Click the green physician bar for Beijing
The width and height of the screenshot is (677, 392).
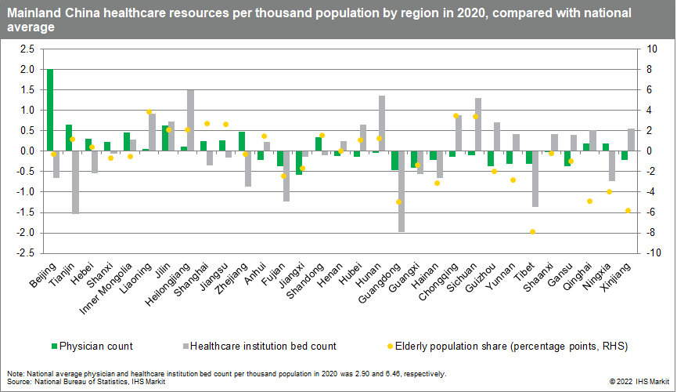[x=50, y=110]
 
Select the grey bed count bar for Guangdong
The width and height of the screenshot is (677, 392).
[x=402, y=191]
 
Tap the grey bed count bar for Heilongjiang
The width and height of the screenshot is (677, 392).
[x=190, y=120]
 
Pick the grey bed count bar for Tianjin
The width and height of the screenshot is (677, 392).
[x=76, y=182]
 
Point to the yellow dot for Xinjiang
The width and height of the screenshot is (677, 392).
[x=628, y=210]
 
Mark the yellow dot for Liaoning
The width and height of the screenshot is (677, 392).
[x=149, y=112]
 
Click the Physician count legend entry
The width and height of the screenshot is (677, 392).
[x=91, y=346]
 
